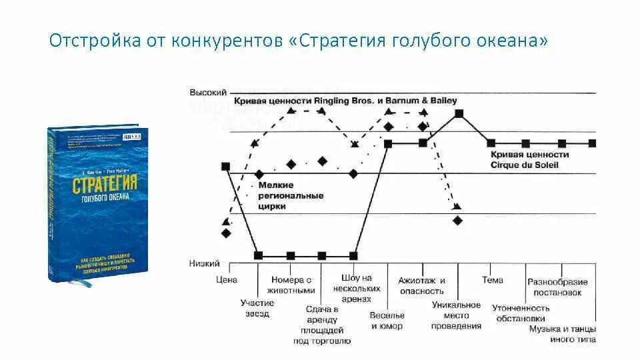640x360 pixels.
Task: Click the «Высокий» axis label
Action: click(208, 92)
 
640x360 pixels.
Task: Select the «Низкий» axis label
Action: click(204, 264)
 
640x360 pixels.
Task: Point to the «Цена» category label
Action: click(227, 280)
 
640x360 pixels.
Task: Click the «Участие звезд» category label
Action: click(257, 308)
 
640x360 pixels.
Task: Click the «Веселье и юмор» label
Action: click(387, 321)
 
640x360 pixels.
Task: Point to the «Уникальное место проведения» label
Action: click(456, 315)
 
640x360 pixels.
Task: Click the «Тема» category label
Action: click(493, 280)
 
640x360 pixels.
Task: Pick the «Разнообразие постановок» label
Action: click(557, 287)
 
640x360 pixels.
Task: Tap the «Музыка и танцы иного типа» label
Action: click(563, 334)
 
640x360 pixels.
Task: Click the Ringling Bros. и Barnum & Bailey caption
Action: click(345, 101)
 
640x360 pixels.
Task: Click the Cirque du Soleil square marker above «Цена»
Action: click(225, 167)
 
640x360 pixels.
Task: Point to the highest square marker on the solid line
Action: click(459, 113)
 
